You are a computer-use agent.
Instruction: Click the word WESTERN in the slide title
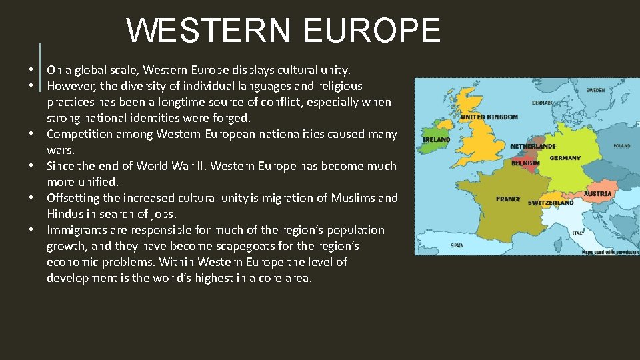pyautogui.click(x=209, y=30)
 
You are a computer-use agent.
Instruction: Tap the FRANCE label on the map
pyautogui.click(x=509, y=199)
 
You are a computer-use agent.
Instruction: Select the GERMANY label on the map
pyautogui.click(x=565, y=158)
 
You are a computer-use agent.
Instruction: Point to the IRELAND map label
pyautogui.click(x=437, y=140)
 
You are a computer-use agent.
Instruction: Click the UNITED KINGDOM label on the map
pyautogui.click(x=489, y=117)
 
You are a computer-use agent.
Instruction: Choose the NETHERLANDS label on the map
pyautogui.click(x=533, y=146)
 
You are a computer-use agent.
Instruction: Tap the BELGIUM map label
pyautogui.click(x=525, y=163)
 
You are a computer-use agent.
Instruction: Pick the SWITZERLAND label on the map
pyautogui.click(x=551, y=203)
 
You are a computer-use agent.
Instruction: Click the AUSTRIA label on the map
pyautogui.click(x=597, y=194)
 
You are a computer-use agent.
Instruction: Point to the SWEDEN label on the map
pyautogui.click(x=595, y=90)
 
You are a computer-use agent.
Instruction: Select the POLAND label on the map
pyautogui.click(x=621, y=145)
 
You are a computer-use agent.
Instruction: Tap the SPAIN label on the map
pyautogui.click(x=457, y=245)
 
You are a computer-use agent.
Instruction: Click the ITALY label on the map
pyautogui.click(x=578, y=233)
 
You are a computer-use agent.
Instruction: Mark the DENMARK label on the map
pyautogui.click(x=542, y=103)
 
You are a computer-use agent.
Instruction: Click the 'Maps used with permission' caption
pyautogui.click(x=610, y=252)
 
